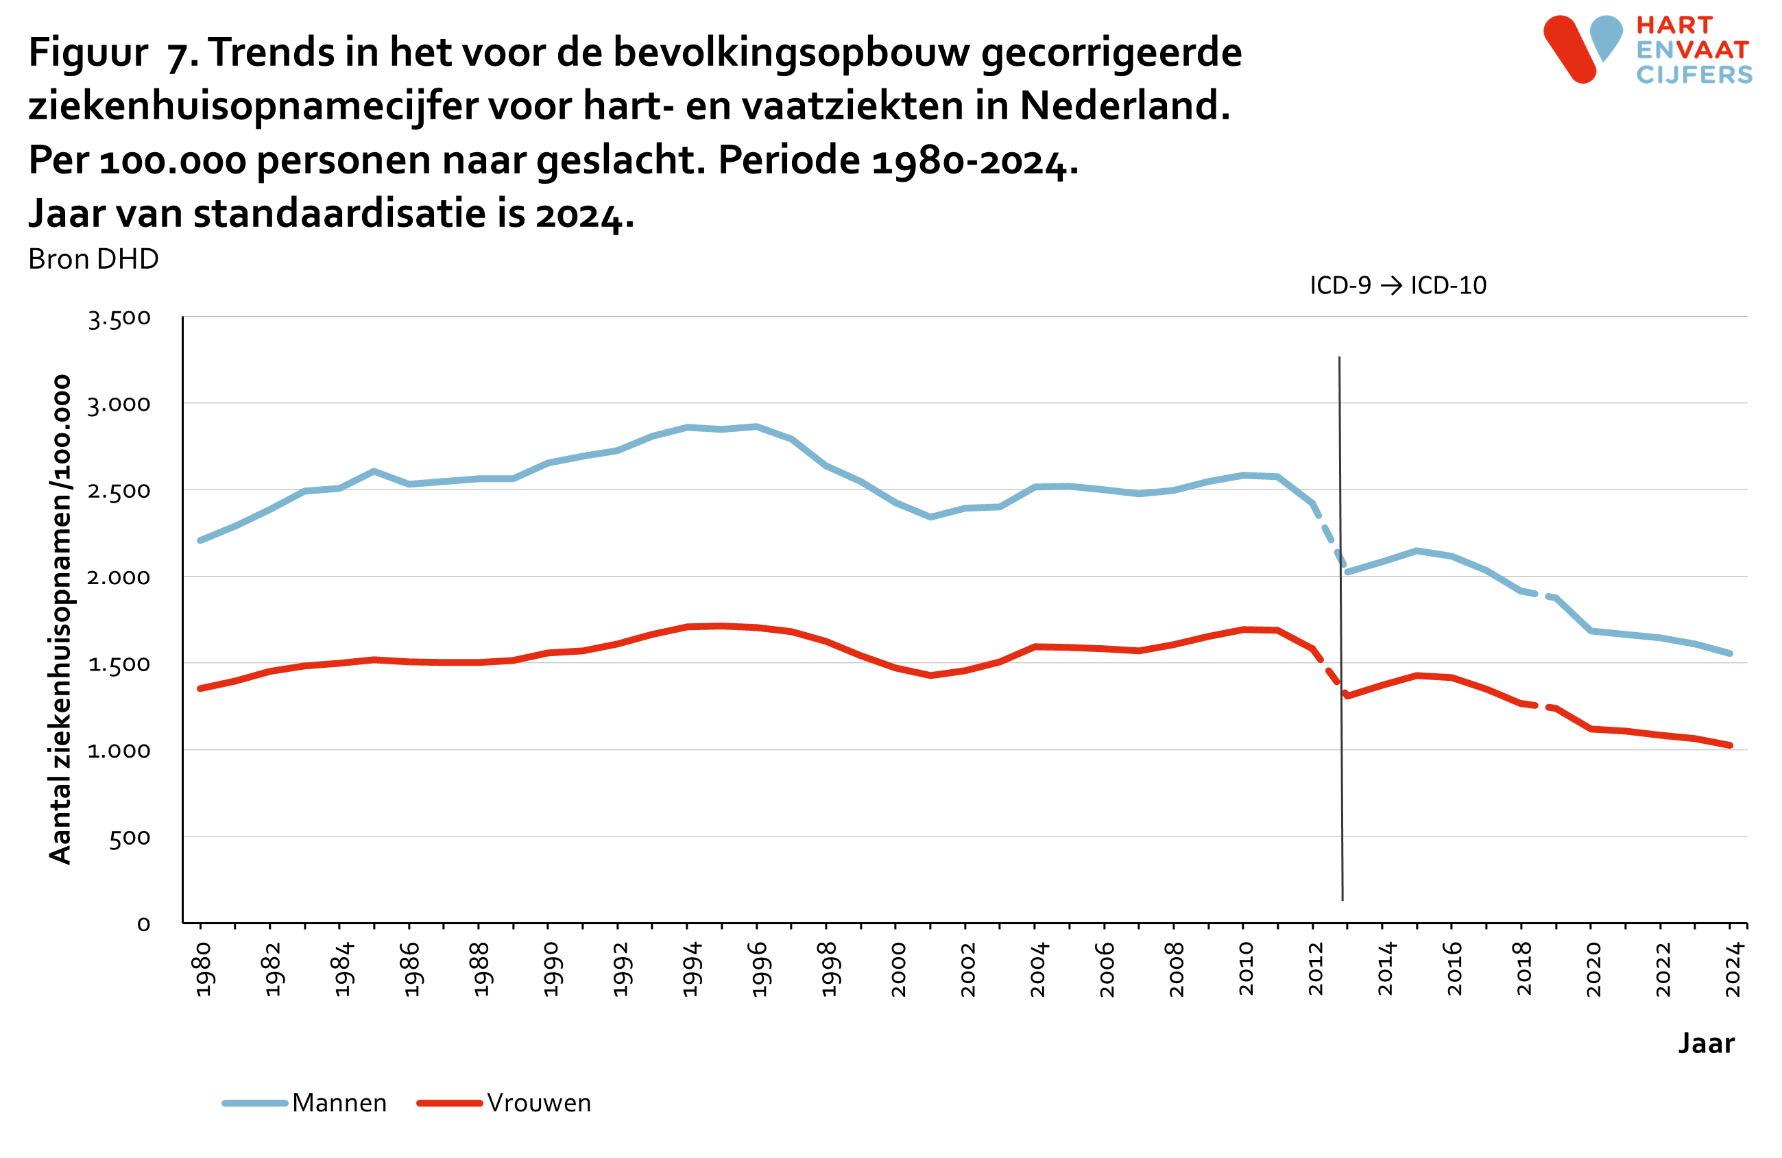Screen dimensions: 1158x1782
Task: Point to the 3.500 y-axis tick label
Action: click(x=119, y=318)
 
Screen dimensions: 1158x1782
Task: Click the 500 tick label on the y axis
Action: click(x=130, y=839)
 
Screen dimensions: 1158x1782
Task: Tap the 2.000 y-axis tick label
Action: click(x=119, y=577)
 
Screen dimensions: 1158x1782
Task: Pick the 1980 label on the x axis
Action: click(x=203, y=969)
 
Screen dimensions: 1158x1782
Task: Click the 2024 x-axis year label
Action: click(x=1733, y=969)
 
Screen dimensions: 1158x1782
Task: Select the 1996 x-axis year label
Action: click(x=759, y=969)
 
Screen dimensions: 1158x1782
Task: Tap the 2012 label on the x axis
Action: click(x=1316, y=969)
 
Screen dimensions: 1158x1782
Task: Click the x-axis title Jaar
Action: click(x=1706, y=1044)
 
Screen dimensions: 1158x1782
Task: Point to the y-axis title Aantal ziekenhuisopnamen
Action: click(x=60, y=619)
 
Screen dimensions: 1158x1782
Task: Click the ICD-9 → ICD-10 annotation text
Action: click(x=1397, y=285)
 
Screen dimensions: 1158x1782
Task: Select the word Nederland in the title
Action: click(x=1124, y=106)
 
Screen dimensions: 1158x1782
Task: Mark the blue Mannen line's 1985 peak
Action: click(x=374, y=471)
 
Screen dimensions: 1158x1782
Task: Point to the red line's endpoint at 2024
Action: click(x=1731, y=745)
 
